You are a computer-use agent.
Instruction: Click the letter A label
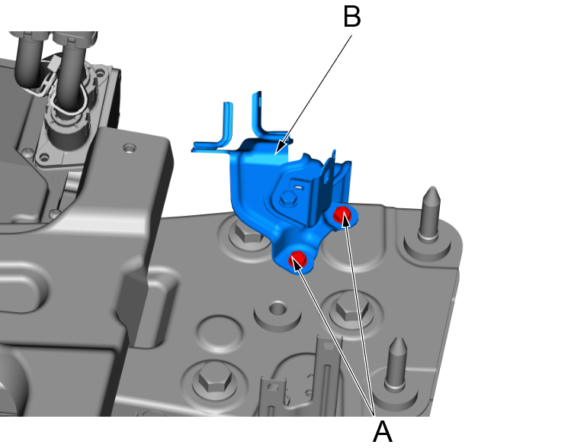click(382, 432)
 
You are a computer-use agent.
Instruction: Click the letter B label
click(351, 17)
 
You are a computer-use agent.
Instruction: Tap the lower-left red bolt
click(298, 259)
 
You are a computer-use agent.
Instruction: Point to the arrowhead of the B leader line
click(279, 150)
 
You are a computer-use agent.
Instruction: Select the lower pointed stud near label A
click(396, 362)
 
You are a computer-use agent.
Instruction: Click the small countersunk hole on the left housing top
click(128, 146)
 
